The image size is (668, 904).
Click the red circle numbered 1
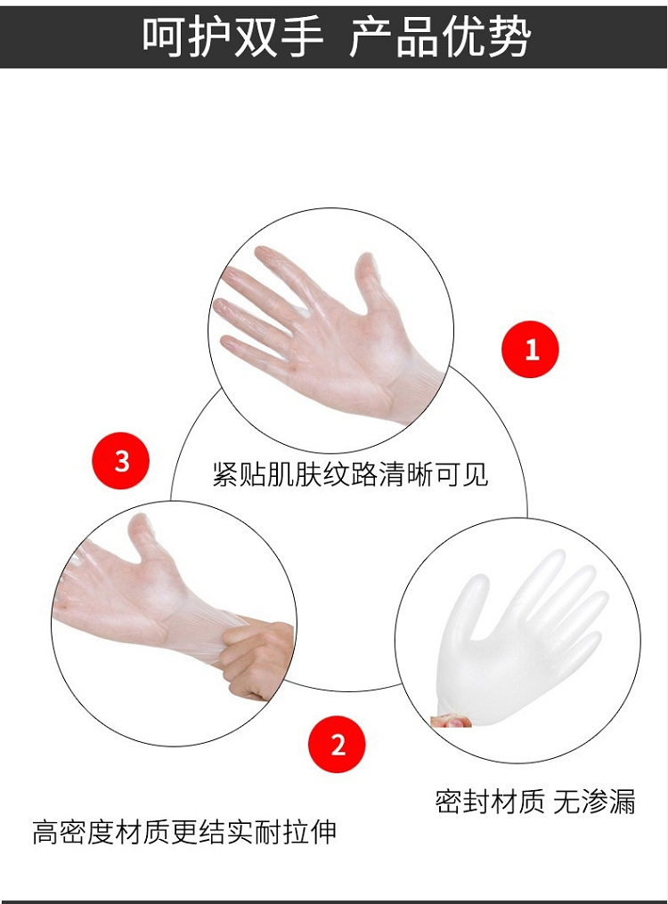point(530,350)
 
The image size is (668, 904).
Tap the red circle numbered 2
point(338,745)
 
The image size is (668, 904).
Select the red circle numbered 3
point(121,461)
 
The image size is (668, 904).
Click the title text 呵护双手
point(232,36)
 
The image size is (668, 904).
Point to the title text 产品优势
point(439,36)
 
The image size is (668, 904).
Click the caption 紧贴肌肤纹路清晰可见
point(350,474)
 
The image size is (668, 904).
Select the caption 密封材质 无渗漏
point(534,802)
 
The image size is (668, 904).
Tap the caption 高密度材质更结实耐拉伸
point(184,832)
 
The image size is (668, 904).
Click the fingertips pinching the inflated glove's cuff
point(451,720)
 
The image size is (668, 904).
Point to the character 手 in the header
point(301,36)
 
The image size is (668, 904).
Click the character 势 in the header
point(508,36)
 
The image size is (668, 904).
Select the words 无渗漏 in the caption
point(594,802)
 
